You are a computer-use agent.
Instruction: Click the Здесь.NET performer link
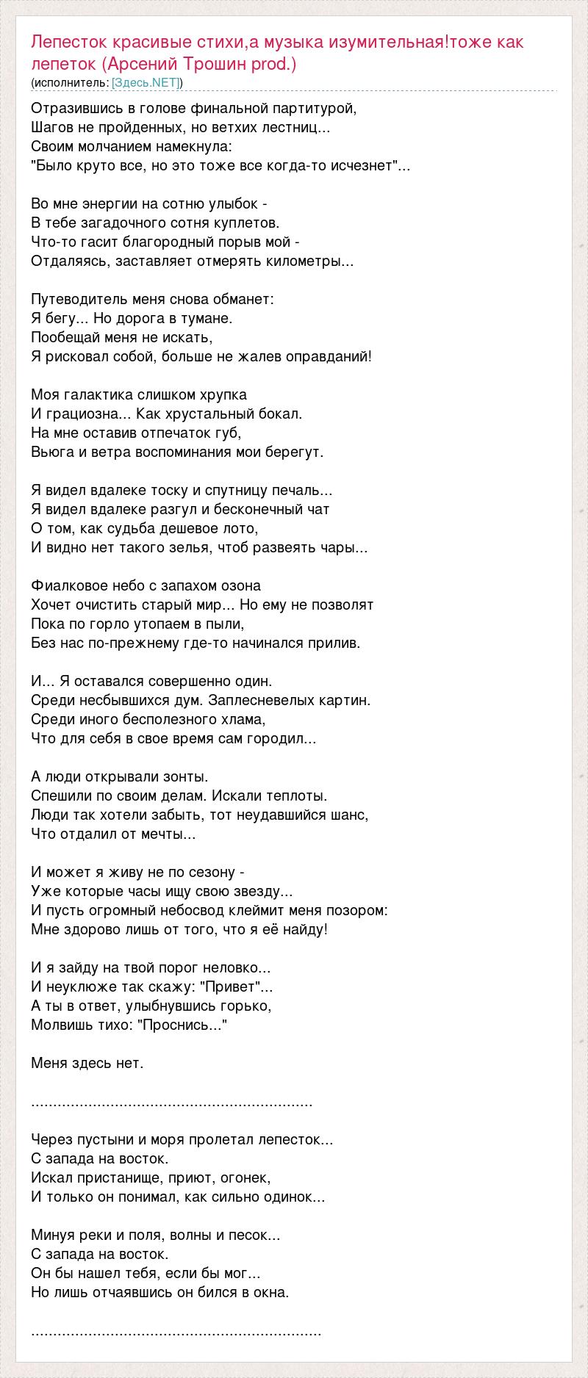[146, 82]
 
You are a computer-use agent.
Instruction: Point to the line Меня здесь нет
[87, 1063]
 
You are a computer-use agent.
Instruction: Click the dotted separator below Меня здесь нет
[172, 1103]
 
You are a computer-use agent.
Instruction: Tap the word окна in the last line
[272, 1292]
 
